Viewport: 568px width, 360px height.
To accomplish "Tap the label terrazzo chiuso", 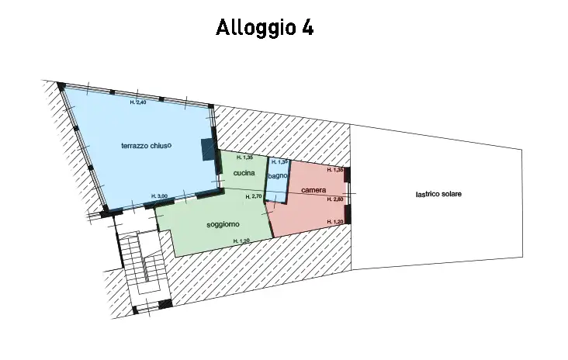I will tap(146, 145).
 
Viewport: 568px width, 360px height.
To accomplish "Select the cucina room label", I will tap(244, 173).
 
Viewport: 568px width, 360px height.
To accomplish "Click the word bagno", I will tap(278, 177).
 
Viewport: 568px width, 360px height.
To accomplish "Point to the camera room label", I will tap(313, 190).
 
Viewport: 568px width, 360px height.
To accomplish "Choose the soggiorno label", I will tap(223, 224).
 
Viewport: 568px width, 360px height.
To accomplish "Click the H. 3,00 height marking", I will tap(159, 196).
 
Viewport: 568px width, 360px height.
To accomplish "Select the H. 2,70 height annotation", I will tap(253, 197).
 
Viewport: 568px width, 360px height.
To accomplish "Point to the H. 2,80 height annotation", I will tap(335, 200).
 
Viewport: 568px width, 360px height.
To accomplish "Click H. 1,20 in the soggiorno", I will tap(241, 241).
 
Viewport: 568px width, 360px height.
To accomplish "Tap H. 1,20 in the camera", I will tap(335, 222).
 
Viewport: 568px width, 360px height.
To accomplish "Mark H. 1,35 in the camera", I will tap(335, 170).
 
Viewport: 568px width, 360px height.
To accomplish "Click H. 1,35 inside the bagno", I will tap(279, 162).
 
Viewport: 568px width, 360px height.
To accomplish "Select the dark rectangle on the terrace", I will tap(207, 148).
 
